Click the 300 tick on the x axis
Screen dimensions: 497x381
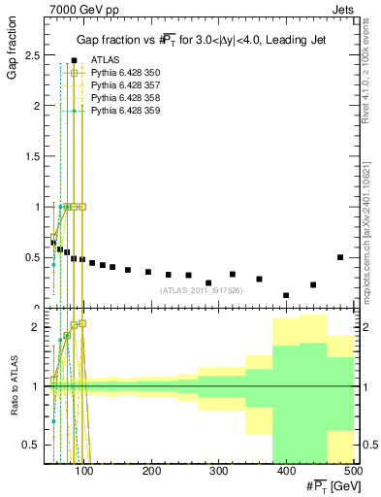218,472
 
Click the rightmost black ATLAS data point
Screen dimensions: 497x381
339,257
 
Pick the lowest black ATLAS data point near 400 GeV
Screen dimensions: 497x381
286,295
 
